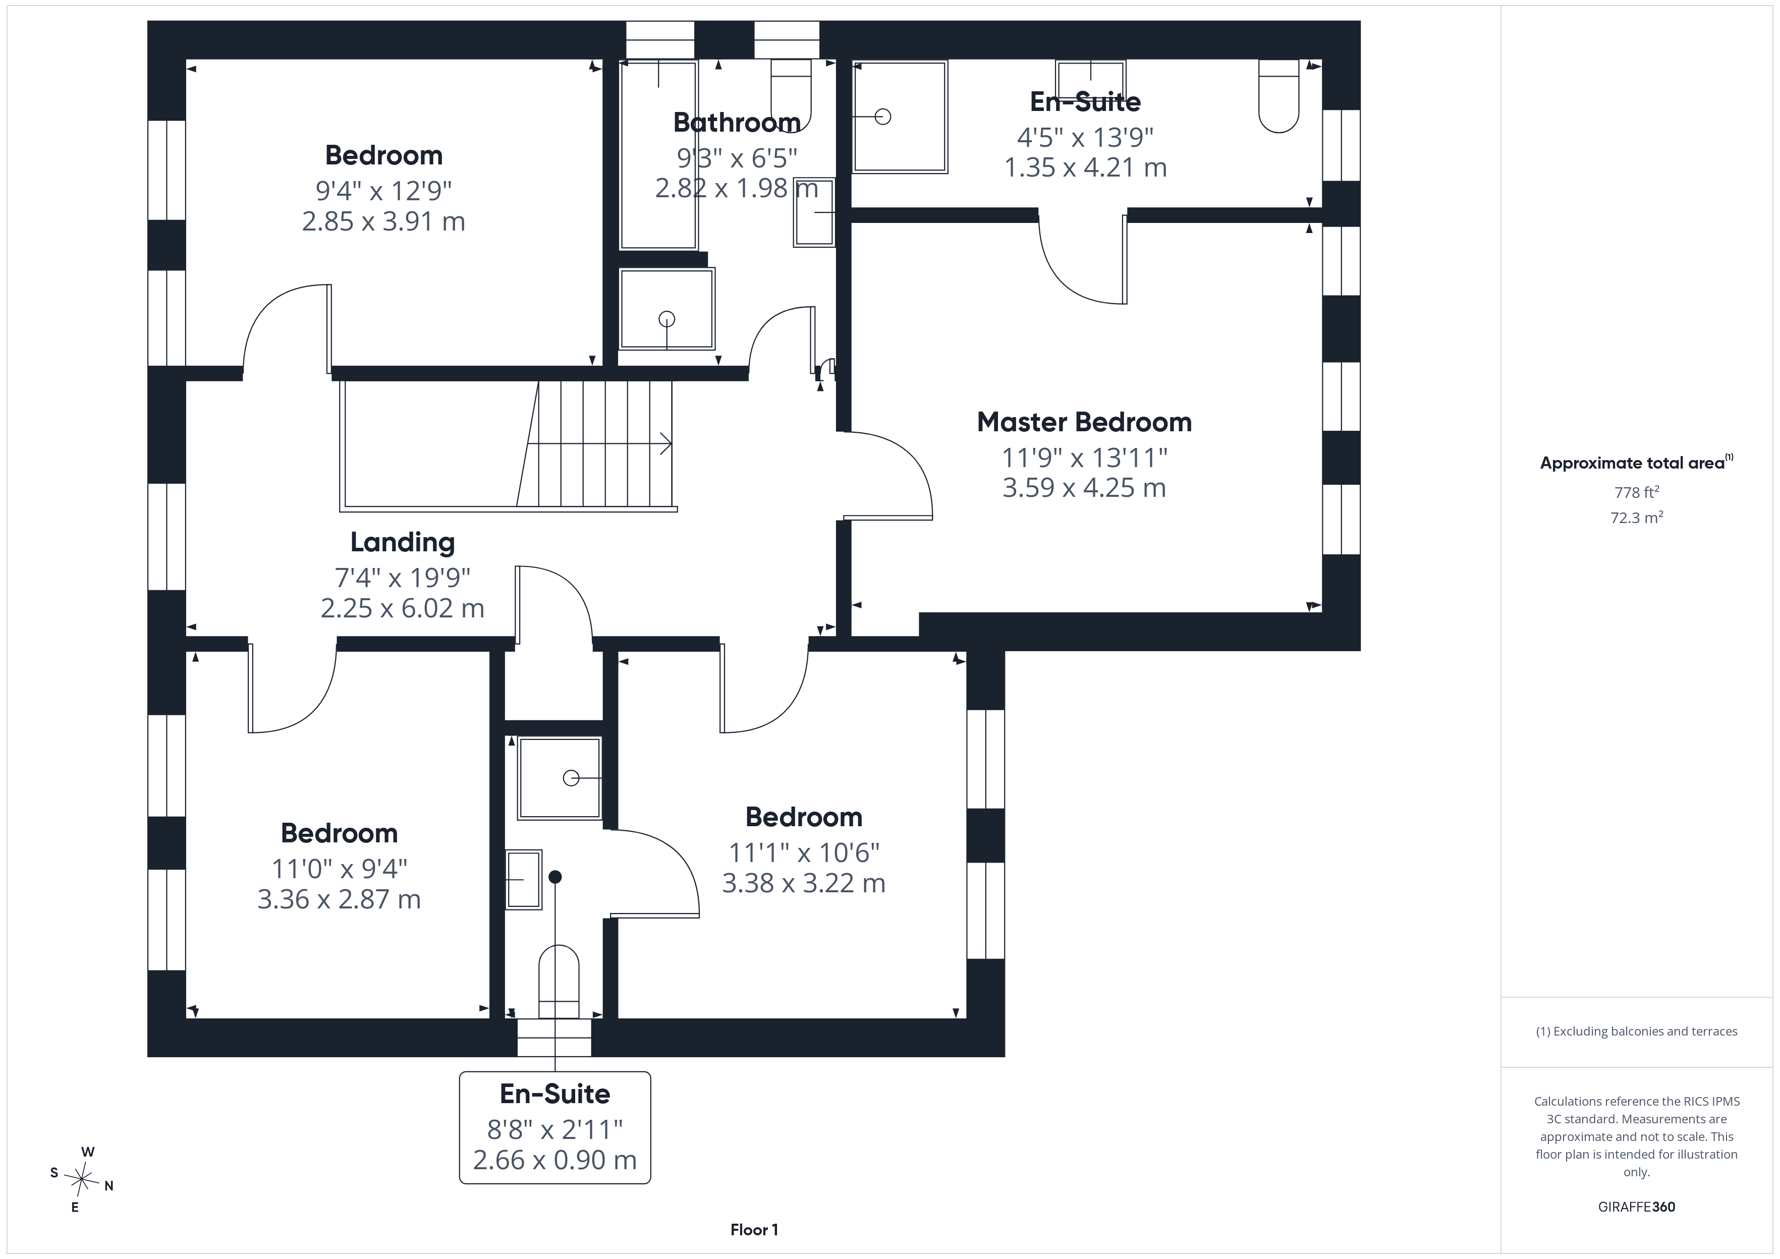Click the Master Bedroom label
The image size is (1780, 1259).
[1084, 423]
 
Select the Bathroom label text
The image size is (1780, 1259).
[737, 123]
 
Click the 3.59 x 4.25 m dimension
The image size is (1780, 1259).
[1084, 488]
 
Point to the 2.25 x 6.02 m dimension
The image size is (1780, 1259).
[402, 608]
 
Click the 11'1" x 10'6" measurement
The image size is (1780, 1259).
[804, 853]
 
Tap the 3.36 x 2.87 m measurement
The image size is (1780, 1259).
[339, 899]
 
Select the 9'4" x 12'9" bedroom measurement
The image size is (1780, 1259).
[384, 190]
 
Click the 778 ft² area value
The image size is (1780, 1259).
[1637, 492]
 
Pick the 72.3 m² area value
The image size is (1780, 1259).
[1637, 517]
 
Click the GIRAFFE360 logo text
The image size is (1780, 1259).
[1637, 1207]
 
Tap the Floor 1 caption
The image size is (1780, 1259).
[754, 1230]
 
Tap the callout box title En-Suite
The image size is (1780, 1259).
[555, 1094]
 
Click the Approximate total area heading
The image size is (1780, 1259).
[1637, 463]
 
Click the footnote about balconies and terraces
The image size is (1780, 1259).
[1637, 1031]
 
